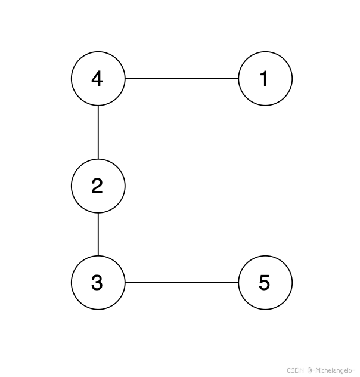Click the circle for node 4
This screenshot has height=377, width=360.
[98, 78]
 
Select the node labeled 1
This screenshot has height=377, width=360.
[265, 78]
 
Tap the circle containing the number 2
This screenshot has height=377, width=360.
[98, 186]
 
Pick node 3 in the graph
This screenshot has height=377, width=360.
[98, 283]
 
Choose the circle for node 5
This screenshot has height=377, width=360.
[265, 283]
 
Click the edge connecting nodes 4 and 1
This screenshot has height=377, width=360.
[182, 78]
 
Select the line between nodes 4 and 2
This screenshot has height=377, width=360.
[98, 132]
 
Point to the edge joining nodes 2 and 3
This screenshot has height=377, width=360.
[98, 234]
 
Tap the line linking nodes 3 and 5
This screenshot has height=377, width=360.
[182, 283]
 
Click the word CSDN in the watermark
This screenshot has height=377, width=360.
[295, 370]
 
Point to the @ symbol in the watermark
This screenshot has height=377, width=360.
[309, 370]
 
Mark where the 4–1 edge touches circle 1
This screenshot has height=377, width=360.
[238, 78]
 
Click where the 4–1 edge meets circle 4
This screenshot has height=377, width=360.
[125, 78]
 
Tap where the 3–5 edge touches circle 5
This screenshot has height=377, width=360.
[238, 283]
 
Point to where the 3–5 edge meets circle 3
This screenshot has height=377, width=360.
[125, 283]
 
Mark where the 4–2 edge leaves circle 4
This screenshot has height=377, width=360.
[98, 105]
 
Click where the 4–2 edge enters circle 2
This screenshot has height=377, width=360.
[98, 159]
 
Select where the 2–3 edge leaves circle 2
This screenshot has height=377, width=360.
[98, 213]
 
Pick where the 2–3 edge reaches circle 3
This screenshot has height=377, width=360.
[98, 256]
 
